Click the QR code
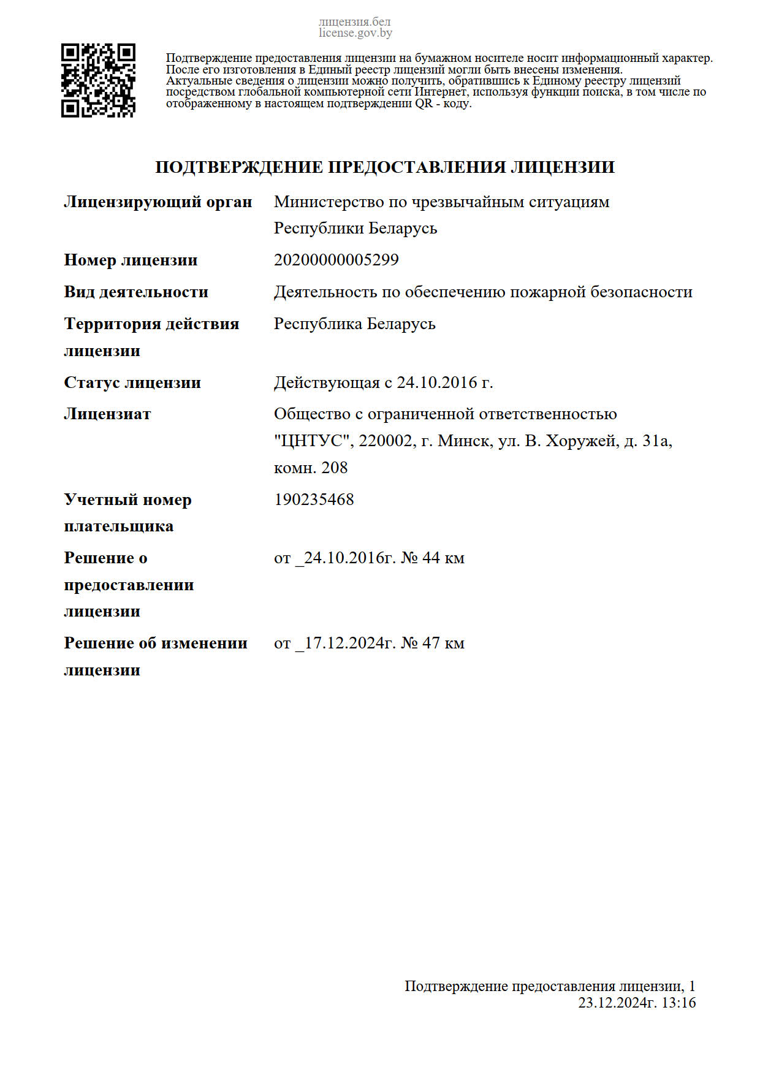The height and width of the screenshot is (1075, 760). (98, 80)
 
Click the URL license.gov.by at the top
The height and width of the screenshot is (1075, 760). (355, 33)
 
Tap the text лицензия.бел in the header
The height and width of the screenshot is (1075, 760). (354, 22)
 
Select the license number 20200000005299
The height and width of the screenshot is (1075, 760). (336, 260)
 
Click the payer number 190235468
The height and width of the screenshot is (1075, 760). (314, 500)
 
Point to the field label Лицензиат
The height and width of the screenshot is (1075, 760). (107, 414)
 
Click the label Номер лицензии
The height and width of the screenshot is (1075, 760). (131, 260)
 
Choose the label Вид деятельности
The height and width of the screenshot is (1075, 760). (136, 292)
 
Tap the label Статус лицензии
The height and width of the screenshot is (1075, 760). (132, 382)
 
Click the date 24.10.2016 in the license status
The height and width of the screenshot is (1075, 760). (437, 382)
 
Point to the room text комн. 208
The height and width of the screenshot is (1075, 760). (311, 468)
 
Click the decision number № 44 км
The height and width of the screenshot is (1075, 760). (433, 558)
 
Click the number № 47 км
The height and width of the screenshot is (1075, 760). (433, 643)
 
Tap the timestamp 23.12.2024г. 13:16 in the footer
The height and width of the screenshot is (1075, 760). (637, 1003)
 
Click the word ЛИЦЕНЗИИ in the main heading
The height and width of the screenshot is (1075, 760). (563, 167)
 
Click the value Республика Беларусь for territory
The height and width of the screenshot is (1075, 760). (354, 324)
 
